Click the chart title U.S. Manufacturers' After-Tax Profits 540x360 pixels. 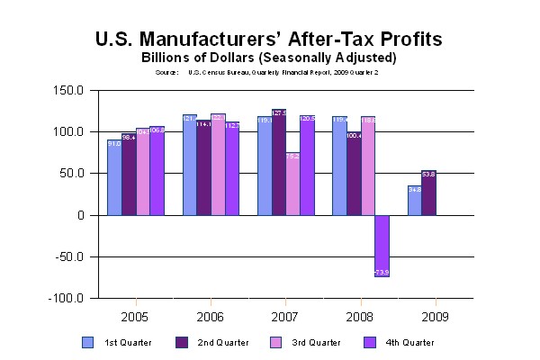[269, 40]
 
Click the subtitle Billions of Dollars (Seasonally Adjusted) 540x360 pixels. [269, 58]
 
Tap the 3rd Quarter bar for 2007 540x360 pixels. [293, 184]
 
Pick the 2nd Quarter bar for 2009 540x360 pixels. [428, 193]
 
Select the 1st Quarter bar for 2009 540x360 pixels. [414, 201]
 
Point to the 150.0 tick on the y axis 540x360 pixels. [69, 91]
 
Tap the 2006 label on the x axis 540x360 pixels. [211, 317]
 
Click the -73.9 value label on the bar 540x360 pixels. [382, 271]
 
